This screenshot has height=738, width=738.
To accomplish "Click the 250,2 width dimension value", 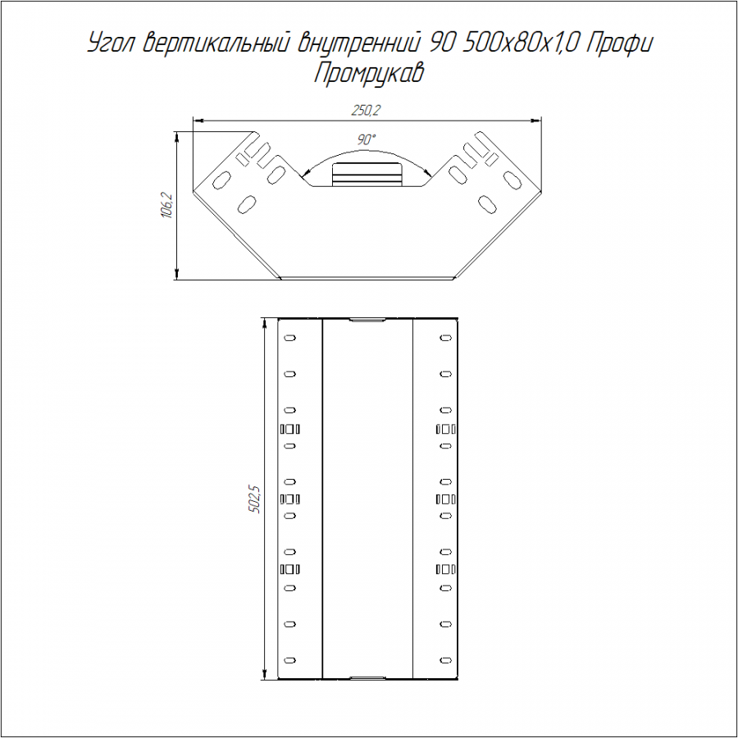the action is coord(366,110).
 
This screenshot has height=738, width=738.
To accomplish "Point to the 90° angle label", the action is coord(367,139).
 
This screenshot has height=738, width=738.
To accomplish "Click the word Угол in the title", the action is coord(112,44).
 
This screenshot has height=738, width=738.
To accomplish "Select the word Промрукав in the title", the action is coord(368,74).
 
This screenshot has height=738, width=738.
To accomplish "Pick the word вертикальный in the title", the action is coord(216,43).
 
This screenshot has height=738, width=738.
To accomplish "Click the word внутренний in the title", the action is coord(358,44).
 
